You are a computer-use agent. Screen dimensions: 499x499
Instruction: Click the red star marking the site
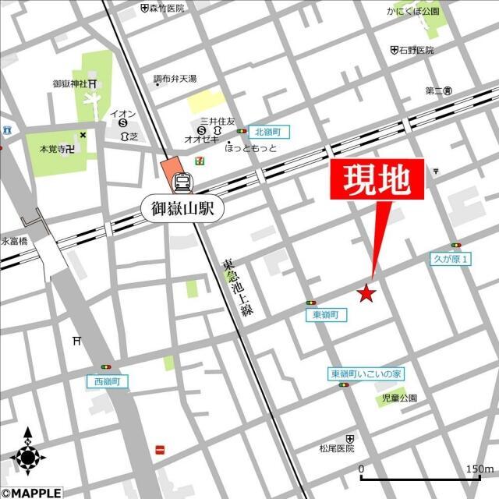(x=366, y=293)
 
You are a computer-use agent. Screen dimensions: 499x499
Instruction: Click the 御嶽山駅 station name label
(x=182, y=208)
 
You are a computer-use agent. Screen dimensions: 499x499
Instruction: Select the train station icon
(x=182, y=182)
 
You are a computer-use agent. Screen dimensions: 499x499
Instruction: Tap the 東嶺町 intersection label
(x=324, y=314)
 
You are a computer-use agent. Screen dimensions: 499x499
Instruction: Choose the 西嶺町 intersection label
(x=107, y=381)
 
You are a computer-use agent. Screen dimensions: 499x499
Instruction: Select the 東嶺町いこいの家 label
(x=366, y=374)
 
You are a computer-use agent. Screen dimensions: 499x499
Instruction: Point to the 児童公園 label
(x=399, y=398)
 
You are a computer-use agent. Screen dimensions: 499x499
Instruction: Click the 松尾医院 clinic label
(x=337, y=448)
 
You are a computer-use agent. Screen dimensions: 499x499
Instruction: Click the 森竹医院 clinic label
(x=167, y=8)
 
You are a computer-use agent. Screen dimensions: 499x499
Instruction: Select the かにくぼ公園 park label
(x=412, y=12)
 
